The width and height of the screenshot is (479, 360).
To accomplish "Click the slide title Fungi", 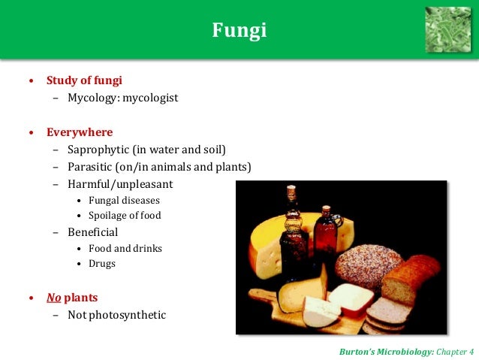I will click(239, 31).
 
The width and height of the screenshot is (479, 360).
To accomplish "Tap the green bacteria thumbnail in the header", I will click(447, 29).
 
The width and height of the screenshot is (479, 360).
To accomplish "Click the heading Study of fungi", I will click(84, 80).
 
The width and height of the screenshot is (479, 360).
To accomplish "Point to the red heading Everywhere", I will click(80, 132).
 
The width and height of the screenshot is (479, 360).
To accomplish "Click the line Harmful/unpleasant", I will click(120, 184).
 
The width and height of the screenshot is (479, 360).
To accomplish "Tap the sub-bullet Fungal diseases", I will click(124, 201).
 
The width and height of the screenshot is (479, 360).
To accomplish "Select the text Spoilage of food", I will click(125, 216).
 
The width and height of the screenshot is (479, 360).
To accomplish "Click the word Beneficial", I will click(92, 232).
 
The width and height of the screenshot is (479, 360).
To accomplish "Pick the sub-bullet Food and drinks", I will click(125, 249).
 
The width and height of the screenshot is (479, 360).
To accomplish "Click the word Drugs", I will click(102, 264).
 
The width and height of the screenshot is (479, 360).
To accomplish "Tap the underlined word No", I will click(53, 297).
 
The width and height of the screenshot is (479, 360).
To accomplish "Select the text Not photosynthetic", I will click(116, 315).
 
